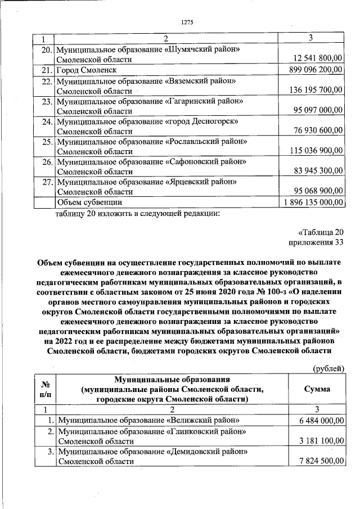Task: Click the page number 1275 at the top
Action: coord(187,22)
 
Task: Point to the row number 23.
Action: coord(47,102)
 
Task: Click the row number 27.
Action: coord(47,182)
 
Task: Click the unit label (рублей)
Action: coord(328,368)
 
